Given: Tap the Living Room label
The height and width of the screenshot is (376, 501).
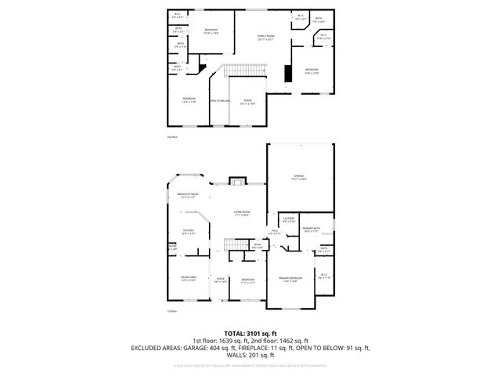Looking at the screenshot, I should (x=240, y=213).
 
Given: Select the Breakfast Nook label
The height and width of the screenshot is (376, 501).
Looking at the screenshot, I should (x=187, y=195).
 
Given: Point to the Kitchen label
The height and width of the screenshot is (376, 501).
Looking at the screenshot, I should (x=188, y=231).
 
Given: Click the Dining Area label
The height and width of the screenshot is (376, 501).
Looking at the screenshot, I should (x=189, y=278).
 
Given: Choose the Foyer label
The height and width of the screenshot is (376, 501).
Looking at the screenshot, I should (x=220, y=280).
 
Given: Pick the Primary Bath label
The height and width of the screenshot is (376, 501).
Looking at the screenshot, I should (x=312, y=230).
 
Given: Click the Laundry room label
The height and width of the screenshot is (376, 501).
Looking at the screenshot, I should (x=288, y=220).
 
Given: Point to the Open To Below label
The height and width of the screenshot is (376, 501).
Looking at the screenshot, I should (x=219, y=101).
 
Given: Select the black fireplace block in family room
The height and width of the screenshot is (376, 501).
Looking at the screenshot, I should (x=287, y=74).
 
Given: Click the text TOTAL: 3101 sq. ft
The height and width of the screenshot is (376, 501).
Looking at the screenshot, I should (x=250, y=333).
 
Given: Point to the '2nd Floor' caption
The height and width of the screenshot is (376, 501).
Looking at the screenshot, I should (x=172, y=137).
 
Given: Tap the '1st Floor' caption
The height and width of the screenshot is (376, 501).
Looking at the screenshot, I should (x=171, y=311).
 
